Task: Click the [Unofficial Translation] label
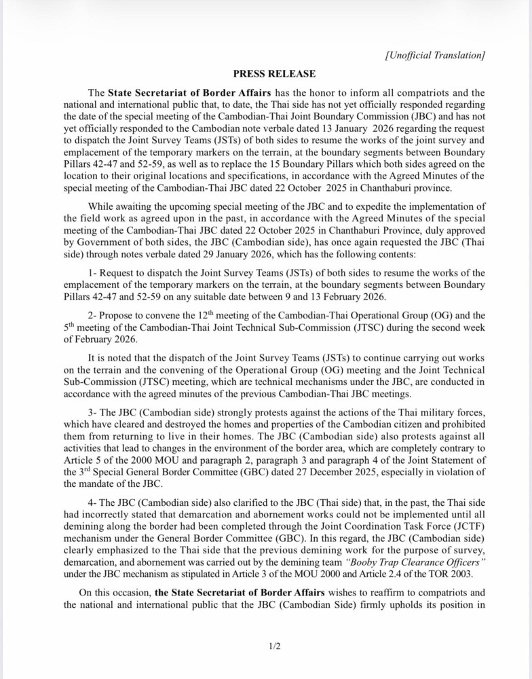(434, 55)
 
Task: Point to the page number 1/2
(274, 646)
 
